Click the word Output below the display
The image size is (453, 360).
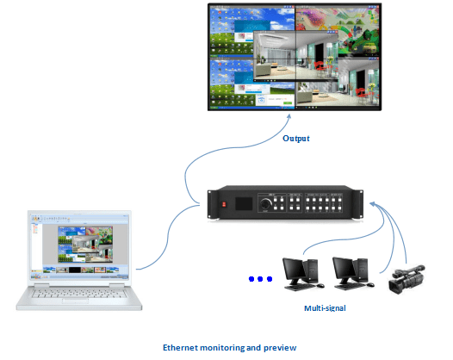[x=295, y=138]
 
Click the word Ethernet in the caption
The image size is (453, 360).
[x=181, y=347]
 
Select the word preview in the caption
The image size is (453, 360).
[x=280, y=347]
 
